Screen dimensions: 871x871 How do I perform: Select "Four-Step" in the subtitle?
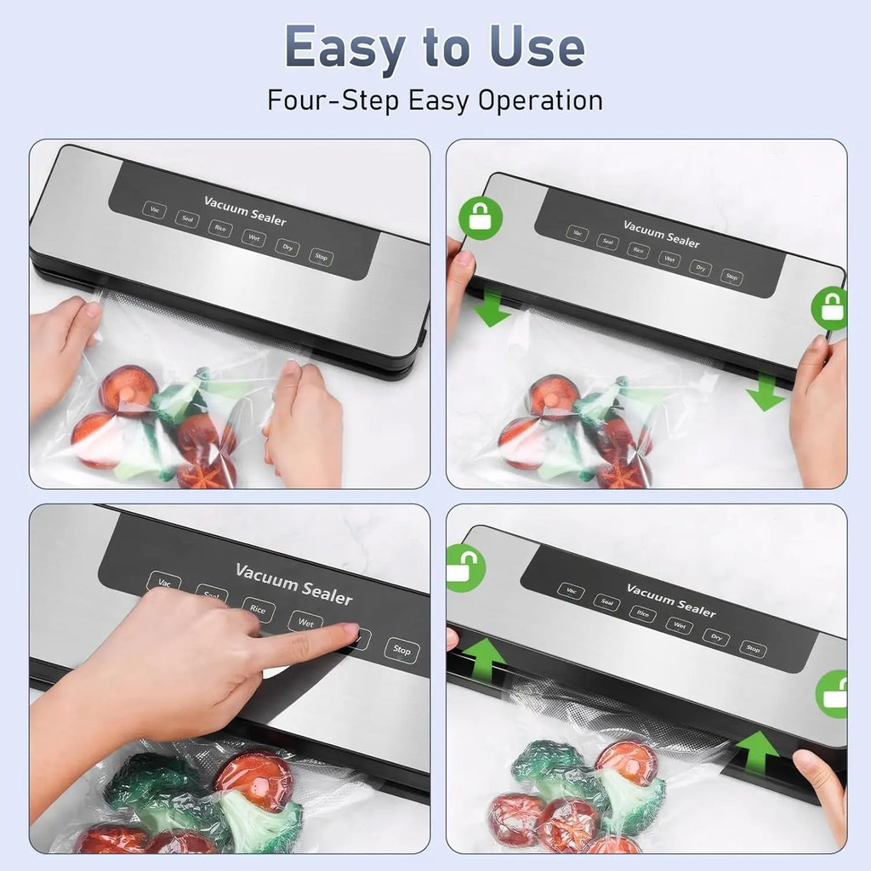(x=333, y=100)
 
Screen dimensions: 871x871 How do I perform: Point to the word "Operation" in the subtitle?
(x=540, y=100)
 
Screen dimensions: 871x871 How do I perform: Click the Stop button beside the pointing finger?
(x=401, y=651)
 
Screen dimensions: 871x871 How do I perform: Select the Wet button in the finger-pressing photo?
(x=305, y=623)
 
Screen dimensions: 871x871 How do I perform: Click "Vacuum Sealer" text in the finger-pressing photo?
(x=293, y=584)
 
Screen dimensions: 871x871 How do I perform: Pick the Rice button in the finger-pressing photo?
(x=259, y=609)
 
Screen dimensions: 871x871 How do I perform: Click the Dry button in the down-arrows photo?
(x=700, y=269)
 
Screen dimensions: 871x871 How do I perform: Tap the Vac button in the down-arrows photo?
(x=578, y=233)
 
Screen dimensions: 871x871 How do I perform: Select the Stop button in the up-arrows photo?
(x=753, y=650)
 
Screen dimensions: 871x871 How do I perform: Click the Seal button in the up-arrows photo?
(x=606, y=603)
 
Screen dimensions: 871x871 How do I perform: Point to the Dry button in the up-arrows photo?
(x=715, y=638)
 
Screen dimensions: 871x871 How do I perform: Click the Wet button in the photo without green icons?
(x=253, y=237)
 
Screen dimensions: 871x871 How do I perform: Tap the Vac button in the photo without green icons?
(x=154, y=209)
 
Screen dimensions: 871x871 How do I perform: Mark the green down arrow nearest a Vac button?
(x=492, y=310)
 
